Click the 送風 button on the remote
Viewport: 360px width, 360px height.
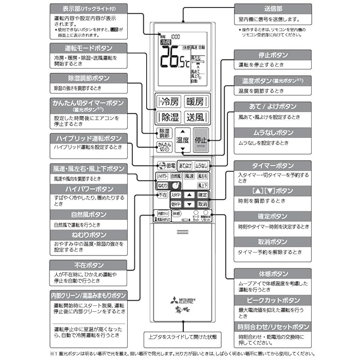click(x=195, y=118)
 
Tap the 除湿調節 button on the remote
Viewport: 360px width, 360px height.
click(x=163, y=133)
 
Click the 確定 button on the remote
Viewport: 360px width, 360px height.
click(x=202, y=195)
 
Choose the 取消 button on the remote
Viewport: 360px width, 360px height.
click(x=202, y=204)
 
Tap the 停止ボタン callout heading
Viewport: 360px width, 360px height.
click(x=272, y=55)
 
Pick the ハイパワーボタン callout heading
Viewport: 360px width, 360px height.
click(x=88, y=189)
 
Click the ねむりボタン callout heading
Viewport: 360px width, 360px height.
click(x=88, y=235)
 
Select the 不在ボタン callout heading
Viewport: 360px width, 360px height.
click(x=88, y=265)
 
